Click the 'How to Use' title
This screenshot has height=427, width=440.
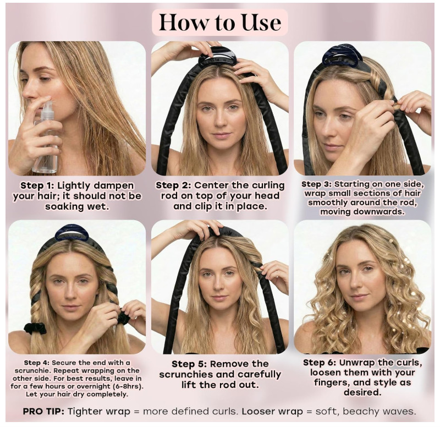tap(220, 22)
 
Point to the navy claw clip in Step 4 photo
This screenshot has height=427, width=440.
tap(71, 233)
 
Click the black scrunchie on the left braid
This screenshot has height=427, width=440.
tap(35, 328)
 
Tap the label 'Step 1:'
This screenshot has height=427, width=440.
tap(37, 186)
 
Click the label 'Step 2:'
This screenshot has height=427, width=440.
tap(173, 185)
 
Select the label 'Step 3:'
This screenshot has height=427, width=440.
tap(317, 184)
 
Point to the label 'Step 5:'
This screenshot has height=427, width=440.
tap(189, 364)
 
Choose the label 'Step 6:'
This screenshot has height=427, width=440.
tap(320, 363)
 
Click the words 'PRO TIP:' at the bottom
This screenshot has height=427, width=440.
tap(43, 412)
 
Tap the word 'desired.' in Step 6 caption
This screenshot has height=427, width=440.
tap(362, 392)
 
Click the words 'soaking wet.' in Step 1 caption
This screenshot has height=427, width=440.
tap(77, 207)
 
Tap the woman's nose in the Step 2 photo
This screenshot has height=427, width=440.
tap(221, 119)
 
